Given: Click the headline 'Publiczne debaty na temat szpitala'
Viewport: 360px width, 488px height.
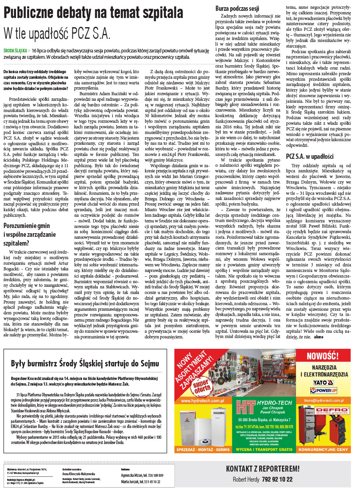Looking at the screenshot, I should point(93,13).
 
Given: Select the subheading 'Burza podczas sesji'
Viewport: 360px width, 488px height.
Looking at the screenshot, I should point(237,8).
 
